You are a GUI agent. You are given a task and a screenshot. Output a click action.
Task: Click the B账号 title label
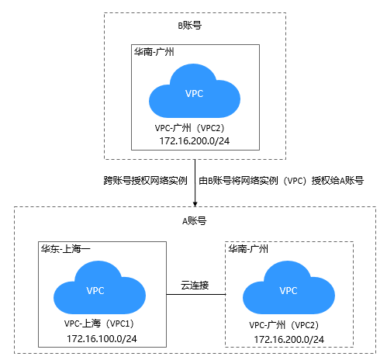point(190,26)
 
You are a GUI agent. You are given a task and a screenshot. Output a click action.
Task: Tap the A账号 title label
point(195,221)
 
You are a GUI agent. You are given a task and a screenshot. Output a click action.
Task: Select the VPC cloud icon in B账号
point(195,91)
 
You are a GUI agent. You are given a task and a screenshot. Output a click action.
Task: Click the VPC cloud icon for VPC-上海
point(99,287)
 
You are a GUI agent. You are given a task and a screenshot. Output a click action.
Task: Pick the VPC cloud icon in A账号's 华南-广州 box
point(289,287)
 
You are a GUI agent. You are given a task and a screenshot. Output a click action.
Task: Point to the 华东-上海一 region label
point(66,249)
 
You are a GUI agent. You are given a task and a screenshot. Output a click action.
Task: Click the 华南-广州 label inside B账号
point(154,52)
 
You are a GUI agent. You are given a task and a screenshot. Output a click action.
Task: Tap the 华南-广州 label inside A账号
point(248,249)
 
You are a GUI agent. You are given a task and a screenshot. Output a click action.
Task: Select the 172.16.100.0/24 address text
point(102,339)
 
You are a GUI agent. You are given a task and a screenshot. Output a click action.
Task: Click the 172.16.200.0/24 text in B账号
point(195,141)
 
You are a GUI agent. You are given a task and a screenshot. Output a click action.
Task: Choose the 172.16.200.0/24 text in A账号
point(289,340)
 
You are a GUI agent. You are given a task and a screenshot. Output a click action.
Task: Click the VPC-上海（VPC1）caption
point(99,324)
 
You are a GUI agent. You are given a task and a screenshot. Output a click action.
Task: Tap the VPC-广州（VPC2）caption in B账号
point(190,128)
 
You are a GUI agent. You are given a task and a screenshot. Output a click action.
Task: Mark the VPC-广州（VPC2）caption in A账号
point(285,325)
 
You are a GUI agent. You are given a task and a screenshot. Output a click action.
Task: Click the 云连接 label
point(195,286)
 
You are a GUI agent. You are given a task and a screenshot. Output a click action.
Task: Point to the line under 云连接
point(196,294)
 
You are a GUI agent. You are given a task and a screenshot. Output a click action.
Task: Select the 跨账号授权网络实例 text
point(146,180)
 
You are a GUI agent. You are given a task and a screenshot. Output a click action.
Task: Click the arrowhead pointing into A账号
point(195,204)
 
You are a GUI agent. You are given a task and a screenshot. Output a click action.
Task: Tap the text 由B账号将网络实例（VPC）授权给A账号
point(282,180)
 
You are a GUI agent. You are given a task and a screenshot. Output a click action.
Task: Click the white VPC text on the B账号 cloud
point(195,94)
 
